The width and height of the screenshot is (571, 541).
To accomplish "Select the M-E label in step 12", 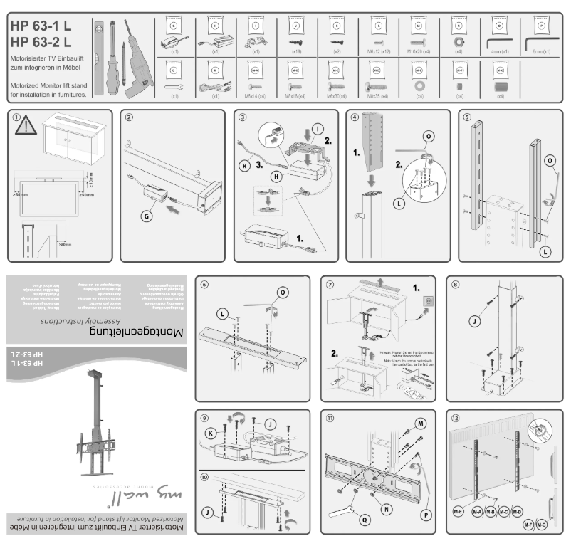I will pyautogui.click(x=458, y=512).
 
